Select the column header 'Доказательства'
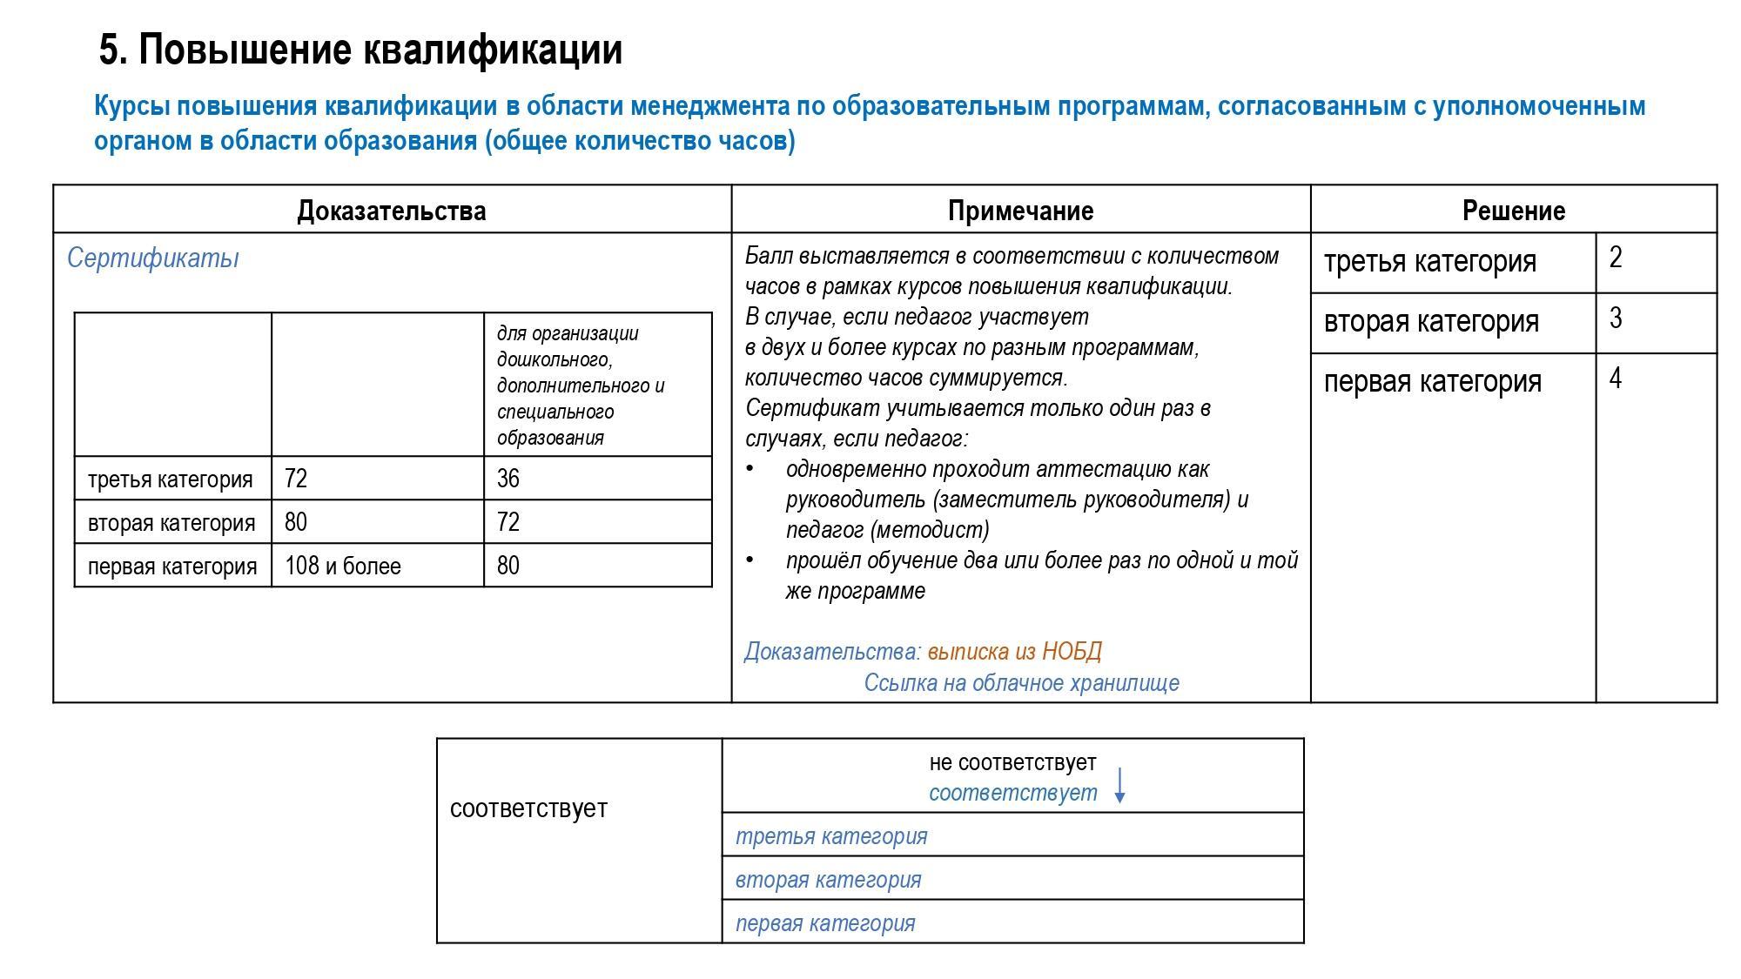391,211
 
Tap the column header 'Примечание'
1020,211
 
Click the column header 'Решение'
1513,211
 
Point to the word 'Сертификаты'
152,258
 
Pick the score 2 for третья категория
1616,258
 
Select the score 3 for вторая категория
1616,319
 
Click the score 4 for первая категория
1616,379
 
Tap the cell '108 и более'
342,567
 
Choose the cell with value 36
508,479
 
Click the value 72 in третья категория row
296,479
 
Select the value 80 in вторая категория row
296,522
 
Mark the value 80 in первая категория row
508,567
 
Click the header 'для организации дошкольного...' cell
581,385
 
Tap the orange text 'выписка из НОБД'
1014,652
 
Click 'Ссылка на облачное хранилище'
1021,683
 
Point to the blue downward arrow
1120,785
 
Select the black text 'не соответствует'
1012,762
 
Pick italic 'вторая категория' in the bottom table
828,880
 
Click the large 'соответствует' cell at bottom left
528,808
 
